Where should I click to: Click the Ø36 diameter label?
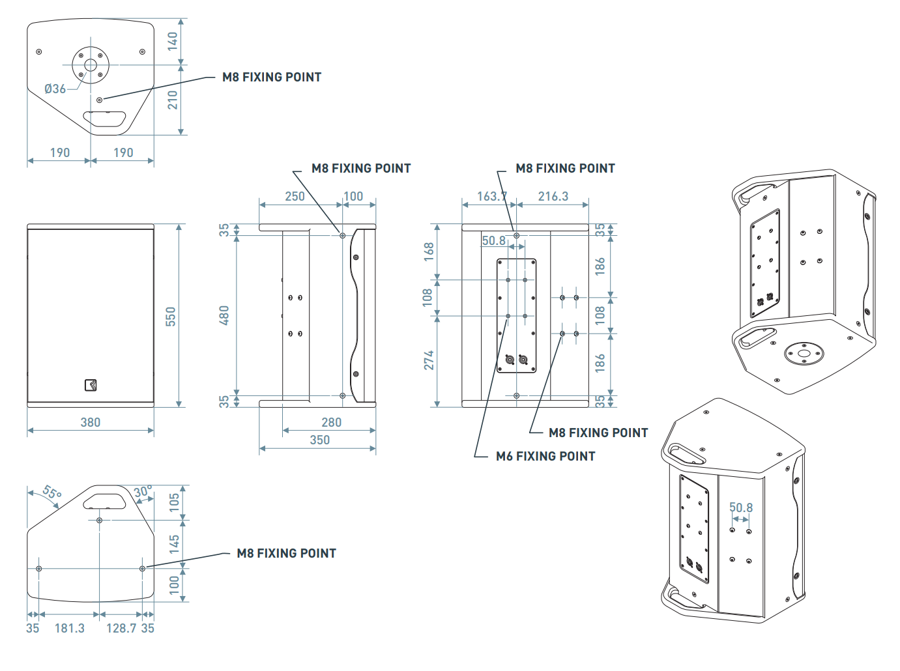point(55,89)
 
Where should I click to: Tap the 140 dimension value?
point(173,41)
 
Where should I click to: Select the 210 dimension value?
point(173,100)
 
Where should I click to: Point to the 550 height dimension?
point(171,317)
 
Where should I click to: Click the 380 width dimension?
point(91,422)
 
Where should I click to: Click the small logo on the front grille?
point(91,385)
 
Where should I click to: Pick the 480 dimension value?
point(224,315)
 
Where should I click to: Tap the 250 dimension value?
point(295,196)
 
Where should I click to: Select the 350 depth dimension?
point(319,440)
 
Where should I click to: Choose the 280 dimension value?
point(331,422)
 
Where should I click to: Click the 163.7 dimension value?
point(491,196)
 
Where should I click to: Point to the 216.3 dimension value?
point(553,196)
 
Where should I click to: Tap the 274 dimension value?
point(429,360)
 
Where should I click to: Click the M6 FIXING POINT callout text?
point(545,456)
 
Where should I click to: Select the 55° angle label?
point(51,493)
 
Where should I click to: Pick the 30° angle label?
point(143,491)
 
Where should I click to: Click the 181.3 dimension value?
point(70,628)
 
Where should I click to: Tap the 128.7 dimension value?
point(121,628)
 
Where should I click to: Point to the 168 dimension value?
point(429,251)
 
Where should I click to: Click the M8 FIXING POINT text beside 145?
point(286,553)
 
